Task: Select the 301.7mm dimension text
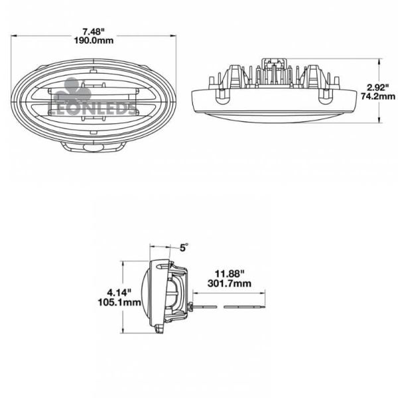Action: pos(228,283)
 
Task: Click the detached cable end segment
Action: pos(243,306)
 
